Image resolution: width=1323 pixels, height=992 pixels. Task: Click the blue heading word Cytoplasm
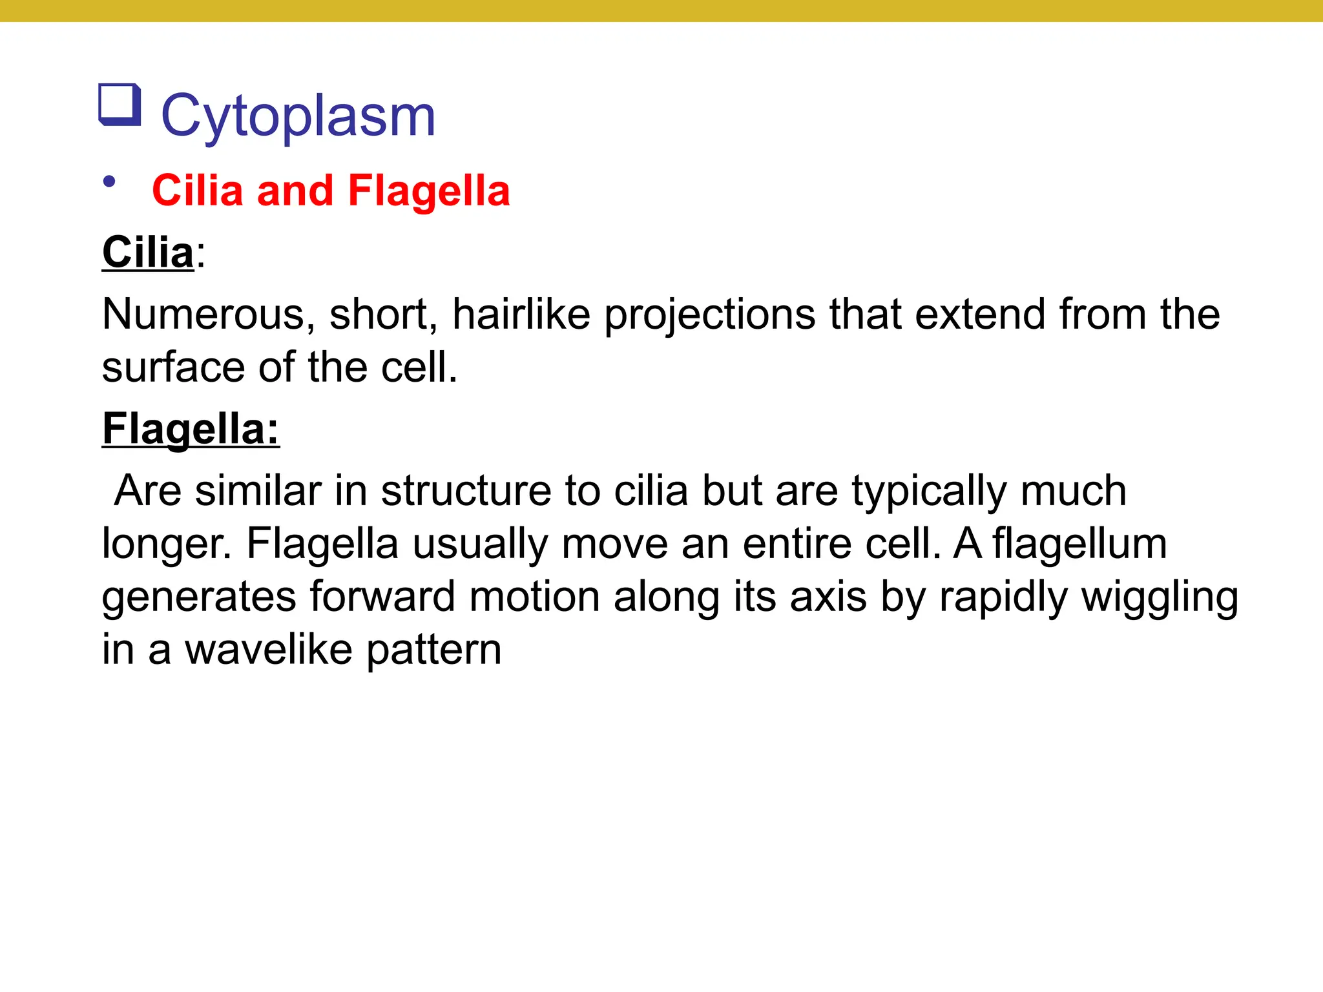pyautogui.click(x=298, y=116)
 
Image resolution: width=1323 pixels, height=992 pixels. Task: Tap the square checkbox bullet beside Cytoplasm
pyautogui.click(x=120, y=104)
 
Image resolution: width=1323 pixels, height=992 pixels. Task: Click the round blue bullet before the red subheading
pyautogui.click(x=109, y=182)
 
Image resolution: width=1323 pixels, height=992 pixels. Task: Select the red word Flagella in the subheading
pyautogui.click(x=429, y=191)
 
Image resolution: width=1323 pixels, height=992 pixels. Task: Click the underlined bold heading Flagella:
pyautogui.click(x=191, y=429)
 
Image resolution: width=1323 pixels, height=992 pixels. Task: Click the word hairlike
pyautogui.click(x=521, y=315)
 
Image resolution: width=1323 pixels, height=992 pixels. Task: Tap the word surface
pyautogui.click(x=173, y=367)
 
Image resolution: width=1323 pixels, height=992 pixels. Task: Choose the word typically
pyautogui.click(x=928, y=492)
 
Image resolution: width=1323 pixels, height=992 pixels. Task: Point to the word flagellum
pyautogui.click(x=1079, y=544)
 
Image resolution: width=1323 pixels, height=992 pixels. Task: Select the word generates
pyautogui.click(x=198, y=597)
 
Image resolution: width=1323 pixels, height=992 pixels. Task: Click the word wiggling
pyautogui.click(x=1160, y=597)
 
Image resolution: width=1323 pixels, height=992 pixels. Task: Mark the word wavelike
pyautogui.click(x=269, y=650)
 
